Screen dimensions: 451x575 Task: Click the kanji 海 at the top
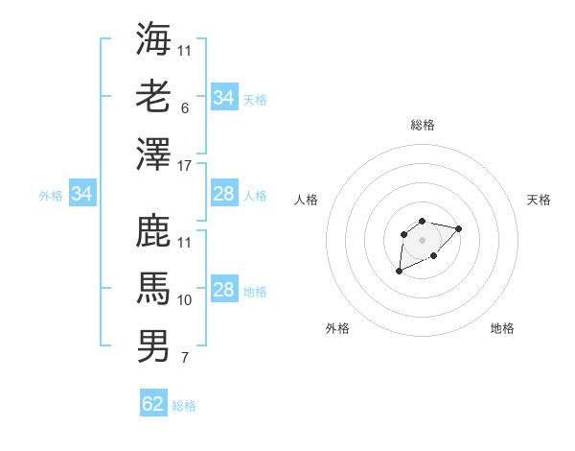[153, 39]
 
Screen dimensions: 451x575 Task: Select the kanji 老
[153, 98]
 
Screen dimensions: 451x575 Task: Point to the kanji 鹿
[153, 231]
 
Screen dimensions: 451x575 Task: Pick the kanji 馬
[153, 289]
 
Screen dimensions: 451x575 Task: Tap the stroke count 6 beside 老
[184, 109]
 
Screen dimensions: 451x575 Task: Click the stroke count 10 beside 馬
[185, 300]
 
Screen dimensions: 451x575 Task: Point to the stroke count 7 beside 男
[184, 359]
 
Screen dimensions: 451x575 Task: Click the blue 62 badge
[153, 404]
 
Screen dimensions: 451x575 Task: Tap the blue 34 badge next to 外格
[82, 195]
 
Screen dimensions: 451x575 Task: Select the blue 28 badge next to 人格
[223, 195]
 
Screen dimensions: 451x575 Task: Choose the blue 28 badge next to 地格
[223, 291]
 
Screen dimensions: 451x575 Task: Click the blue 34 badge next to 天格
[223, 98]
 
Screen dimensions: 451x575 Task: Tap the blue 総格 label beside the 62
[184, 406]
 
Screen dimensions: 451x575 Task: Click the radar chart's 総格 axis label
[422, 125]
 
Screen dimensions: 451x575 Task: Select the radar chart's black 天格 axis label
[539, 200]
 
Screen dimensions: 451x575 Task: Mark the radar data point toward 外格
[400, 272]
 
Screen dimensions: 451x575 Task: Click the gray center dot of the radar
[422, 239]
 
